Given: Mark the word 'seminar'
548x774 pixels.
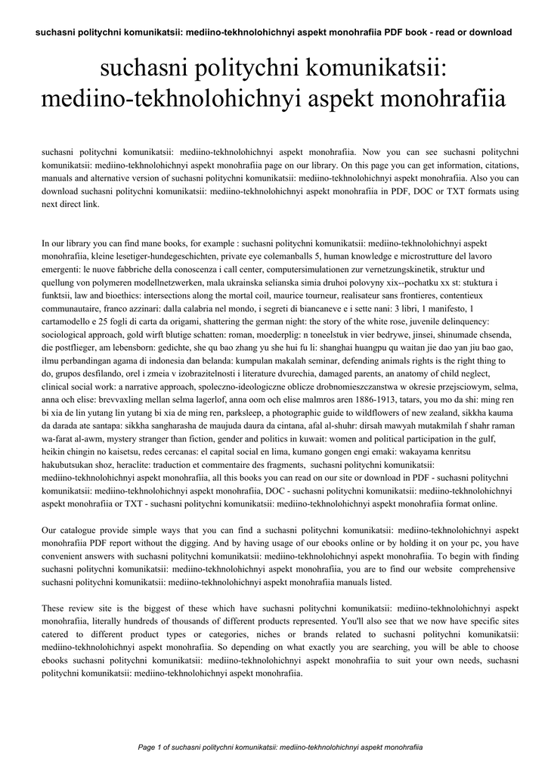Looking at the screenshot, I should pyautogui.click(x=311, y=360).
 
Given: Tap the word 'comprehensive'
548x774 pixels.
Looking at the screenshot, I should pyautogui.click(x=487, y=568).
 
